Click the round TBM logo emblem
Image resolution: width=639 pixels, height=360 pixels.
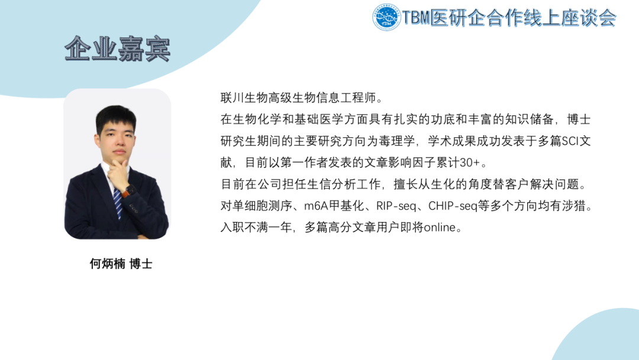click(x=386, y=18)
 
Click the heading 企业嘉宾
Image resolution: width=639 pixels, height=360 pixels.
click(x=117, y=49)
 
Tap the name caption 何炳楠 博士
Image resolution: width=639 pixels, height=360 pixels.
click(x=121, y=264)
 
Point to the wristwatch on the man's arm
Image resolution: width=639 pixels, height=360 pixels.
click(x=130, y=191)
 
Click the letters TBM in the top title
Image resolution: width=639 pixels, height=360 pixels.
click(x=417, y=18)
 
